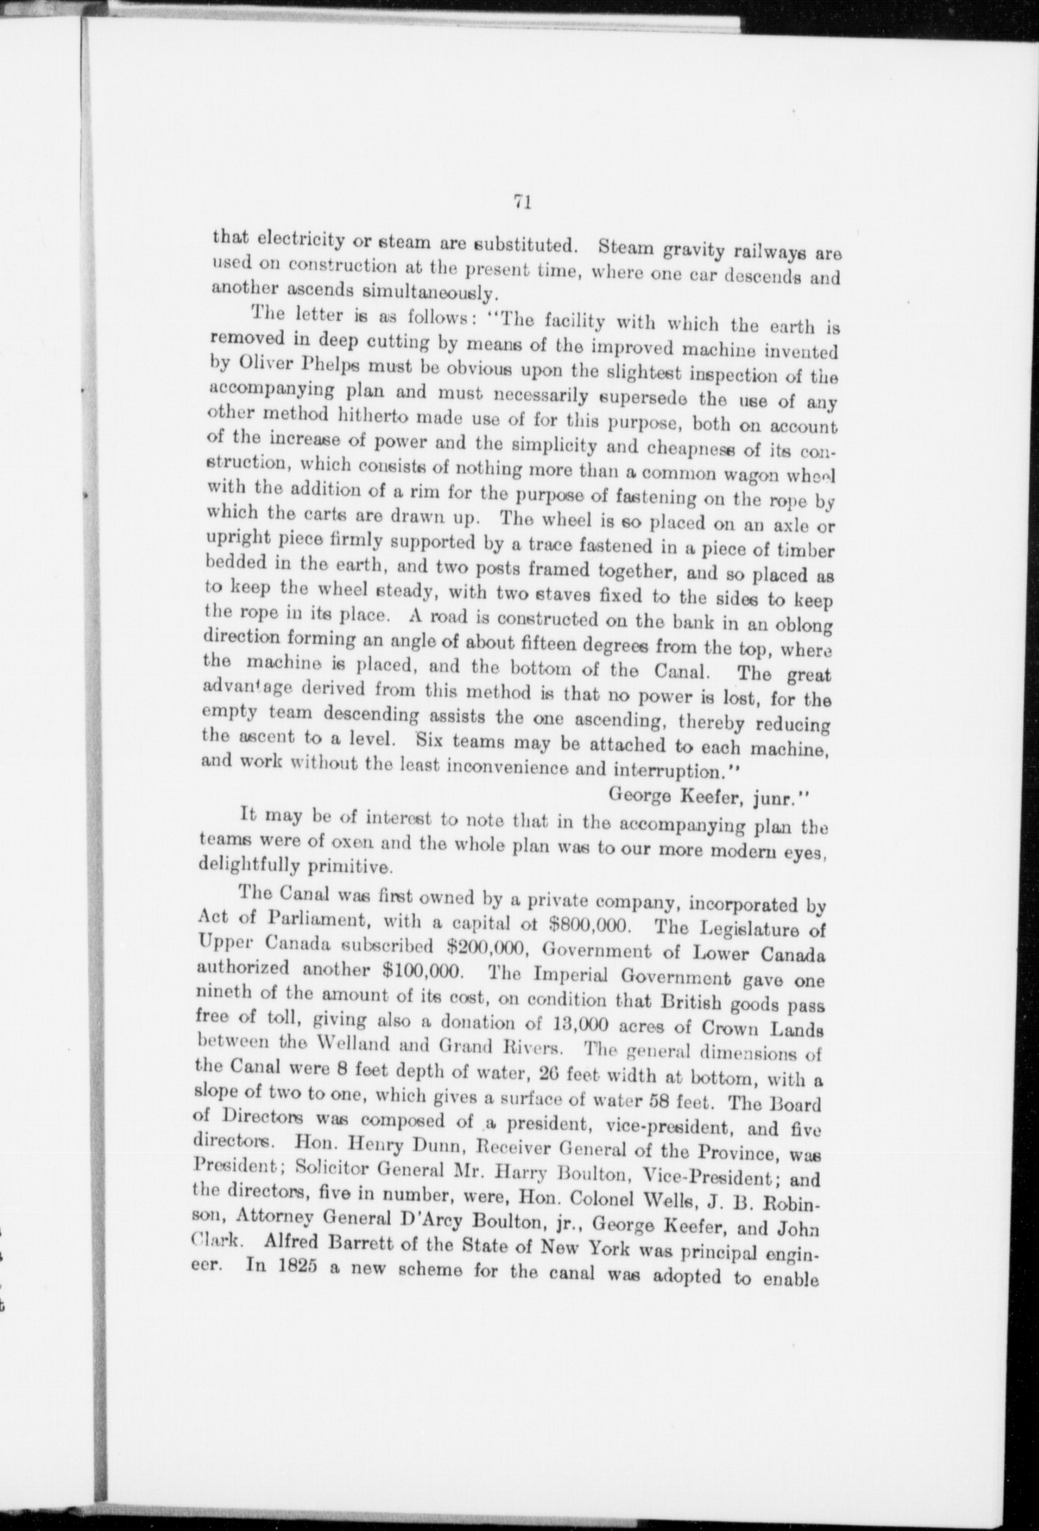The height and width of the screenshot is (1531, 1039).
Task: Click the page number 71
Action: [519, 202]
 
